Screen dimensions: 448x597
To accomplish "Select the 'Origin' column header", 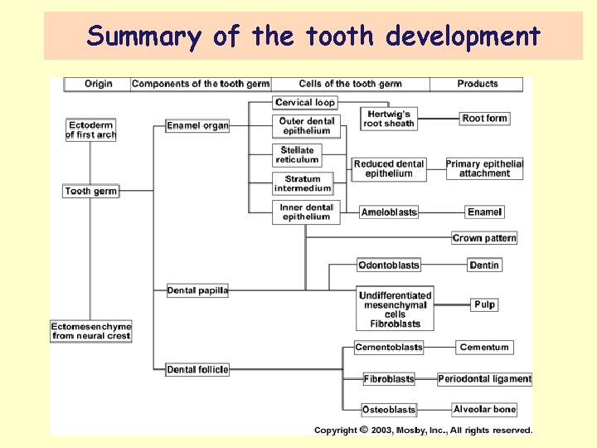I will click(98, 84).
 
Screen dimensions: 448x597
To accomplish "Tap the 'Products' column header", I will click(478, 84).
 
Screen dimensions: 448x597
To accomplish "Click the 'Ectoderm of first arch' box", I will click(91, 129).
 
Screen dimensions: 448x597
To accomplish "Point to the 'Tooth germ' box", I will click(91, 191).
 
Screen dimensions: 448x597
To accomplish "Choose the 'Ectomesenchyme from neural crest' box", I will click(91, 330).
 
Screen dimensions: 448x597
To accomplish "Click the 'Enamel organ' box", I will click(197, 125).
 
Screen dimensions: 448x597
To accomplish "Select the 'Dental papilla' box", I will click(197, 290).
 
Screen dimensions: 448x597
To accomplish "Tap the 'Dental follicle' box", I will click(197, 369).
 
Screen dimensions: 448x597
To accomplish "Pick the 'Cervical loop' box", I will click(305, 102).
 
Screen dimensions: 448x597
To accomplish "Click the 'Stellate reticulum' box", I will click(297, 154).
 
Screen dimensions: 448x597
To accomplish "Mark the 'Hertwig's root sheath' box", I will click(388, 119).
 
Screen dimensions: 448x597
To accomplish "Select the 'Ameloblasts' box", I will click(389, 212).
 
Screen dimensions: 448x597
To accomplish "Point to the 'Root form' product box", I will click(484, 119).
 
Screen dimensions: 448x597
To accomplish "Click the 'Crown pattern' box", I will click(484, 238).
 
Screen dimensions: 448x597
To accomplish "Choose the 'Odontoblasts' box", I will click(389, 265).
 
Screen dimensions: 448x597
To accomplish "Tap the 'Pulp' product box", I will click(485, 304).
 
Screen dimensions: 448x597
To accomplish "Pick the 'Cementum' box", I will click(484, 347).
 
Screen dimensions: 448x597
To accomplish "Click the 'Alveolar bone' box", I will click(484, 409).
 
